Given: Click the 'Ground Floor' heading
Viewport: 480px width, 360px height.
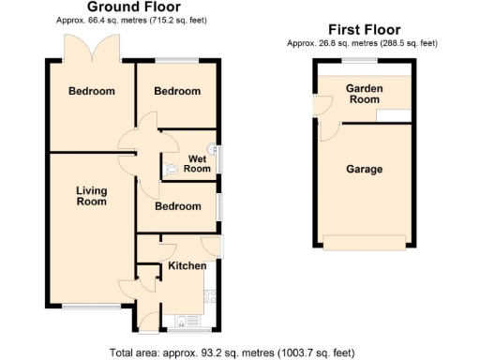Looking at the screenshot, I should pyautogui.click(x=134, y=7).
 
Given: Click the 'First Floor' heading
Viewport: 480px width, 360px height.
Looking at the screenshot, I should pyautogui.click(x=363, y=30).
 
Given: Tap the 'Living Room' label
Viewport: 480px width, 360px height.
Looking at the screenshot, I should pyautogui.click(x=92, y=196).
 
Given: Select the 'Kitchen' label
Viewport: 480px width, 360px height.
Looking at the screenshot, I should pyautogui.click(x=187, y=267).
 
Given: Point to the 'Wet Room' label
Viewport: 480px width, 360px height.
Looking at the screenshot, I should pyautogui.click(x=197, y=164).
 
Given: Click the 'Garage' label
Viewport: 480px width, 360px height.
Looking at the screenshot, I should pyautogui.click(x=365, y=170).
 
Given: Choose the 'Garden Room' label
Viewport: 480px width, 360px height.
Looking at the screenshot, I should pyautogui.click(x=365, y=94).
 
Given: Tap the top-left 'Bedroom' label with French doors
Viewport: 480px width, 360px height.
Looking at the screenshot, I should pyautogui.click(x=92, y=92).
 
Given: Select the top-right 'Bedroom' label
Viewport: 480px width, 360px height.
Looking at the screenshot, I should pyautogui.click(x=178, y=92).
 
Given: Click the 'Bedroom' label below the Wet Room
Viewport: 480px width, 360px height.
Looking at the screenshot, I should pyautogui.click(x=178, y=206).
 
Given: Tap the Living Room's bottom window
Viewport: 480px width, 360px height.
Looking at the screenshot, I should pyautogui.click(x=92, y=307).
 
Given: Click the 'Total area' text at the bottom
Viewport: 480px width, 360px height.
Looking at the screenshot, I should pyautogui.click(x=232, y=353).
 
